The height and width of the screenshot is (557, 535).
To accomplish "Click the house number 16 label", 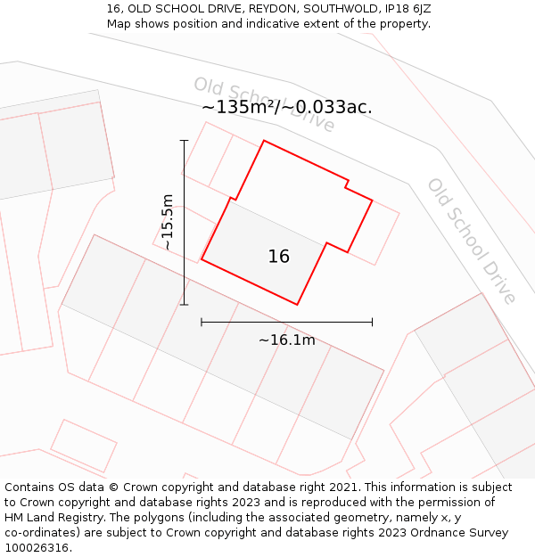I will coord(279,257).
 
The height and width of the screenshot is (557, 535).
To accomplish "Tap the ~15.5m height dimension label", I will coord(168,222).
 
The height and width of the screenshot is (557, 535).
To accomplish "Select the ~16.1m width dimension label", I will coord(287,340).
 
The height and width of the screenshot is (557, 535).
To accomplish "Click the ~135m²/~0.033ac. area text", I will coord(287,107).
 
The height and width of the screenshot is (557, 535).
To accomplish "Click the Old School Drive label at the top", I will coord(264,104).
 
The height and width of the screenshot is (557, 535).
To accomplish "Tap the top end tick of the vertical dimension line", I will coord(185,140).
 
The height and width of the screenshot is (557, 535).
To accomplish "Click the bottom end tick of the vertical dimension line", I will coord(185,305).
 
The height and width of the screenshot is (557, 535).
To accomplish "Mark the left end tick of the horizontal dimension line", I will coord(202,322).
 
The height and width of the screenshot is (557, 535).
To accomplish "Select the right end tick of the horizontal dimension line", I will coord(372,322).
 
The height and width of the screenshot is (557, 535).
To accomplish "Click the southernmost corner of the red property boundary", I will coord(297,305).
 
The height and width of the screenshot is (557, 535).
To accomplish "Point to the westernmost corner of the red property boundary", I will coord(202,260).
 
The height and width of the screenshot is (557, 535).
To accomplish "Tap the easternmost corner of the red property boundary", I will coord(372,201).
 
